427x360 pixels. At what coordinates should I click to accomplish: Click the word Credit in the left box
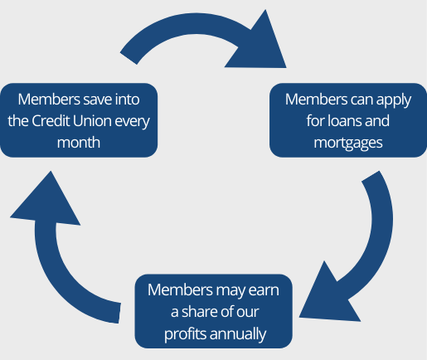51,121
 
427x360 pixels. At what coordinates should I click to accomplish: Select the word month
79,143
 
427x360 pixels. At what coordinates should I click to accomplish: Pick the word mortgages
348,144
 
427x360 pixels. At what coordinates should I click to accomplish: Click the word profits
186,334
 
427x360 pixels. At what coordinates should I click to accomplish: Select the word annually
238,334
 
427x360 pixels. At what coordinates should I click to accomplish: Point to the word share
200,312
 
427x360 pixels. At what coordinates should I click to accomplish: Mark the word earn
264,290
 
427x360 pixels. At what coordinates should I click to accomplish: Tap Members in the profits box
180,289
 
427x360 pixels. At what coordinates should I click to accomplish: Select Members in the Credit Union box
49,100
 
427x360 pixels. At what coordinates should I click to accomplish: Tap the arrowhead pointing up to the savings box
46,201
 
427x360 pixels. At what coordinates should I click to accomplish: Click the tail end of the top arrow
129,58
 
